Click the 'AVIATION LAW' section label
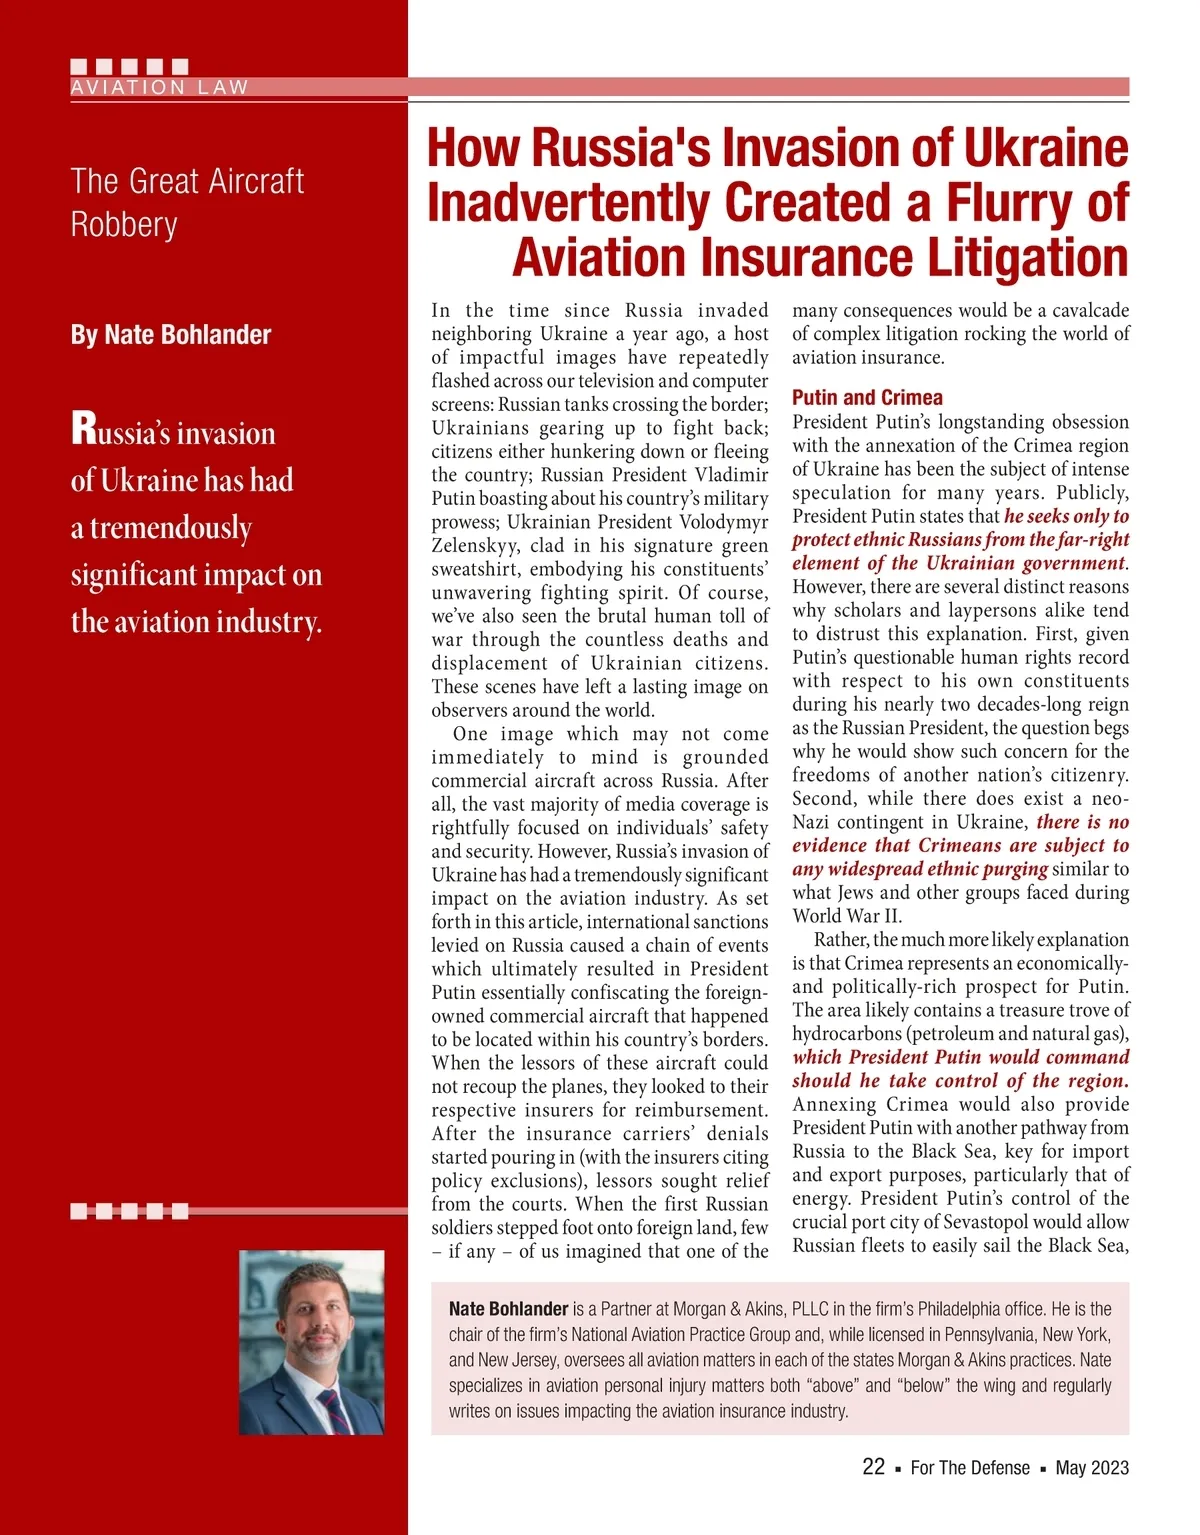pyautogui.click(x=159, y=88)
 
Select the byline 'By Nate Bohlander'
pyautogui.click(x=171, y=335)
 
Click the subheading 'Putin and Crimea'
pyautogui.click(x=867, y=397)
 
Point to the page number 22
pyautogui.click(x=873, y=1467)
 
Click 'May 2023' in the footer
pyautogui.click(x=1092, y=1468)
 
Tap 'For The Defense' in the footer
pyautogui.click(x=970, y=1468)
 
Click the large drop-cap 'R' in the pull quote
pyautogui.click(x=83, y=429)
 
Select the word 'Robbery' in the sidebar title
pyautogui.click(x=124, y=225)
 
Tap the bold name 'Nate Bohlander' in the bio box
pyautogui.click(x=508, y=1309)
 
